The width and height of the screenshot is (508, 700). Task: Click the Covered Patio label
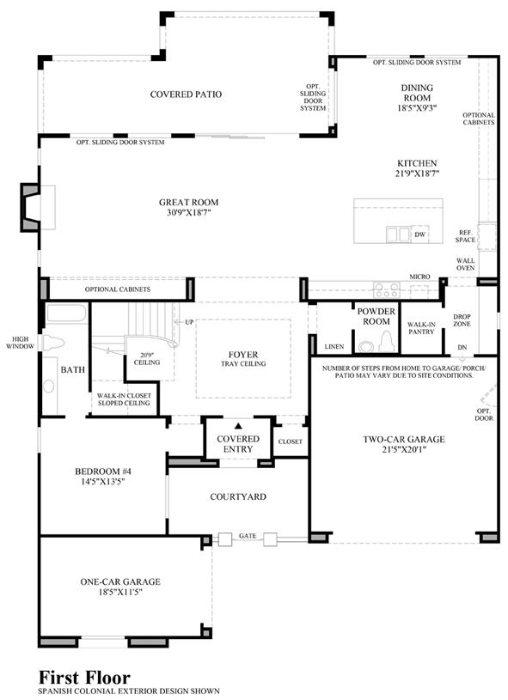(186, 94)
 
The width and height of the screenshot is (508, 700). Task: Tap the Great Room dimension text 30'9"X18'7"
(188, 213)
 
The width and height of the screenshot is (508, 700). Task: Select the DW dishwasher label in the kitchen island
(420, 234)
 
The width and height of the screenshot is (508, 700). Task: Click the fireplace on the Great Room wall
(31, 207)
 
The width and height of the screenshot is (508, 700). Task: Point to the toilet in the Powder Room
(386, 344)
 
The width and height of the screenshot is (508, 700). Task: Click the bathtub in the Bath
(66, 313)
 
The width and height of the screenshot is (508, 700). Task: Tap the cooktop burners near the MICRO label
(387, 289)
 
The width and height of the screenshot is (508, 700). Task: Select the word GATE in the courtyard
(248, 536)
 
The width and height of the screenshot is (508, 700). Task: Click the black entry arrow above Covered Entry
(238, 426)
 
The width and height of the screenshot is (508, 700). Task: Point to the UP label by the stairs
(189, 322)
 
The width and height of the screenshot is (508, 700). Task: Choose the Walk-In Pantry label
(421, 328)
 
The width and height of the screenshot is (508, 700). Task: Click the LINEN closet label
(334, 346)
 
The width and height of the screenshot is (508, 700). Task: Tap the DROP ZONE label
(462, 320)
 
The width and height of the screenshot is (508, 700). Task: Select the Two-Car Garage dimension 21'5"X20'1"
(404, 450)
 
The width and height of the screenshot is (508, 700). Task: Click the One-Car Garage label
(120, 581)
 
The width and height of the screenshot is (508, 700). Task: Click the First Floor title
(84, 678)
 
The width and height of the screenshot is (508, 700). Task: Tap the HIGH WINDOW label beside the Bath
(20, 343)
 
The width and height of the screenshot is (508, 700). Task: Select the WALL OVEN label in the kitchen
(465, 265)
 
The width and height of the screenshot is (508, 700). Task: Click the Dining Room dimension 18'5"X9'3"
(417, 108)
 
